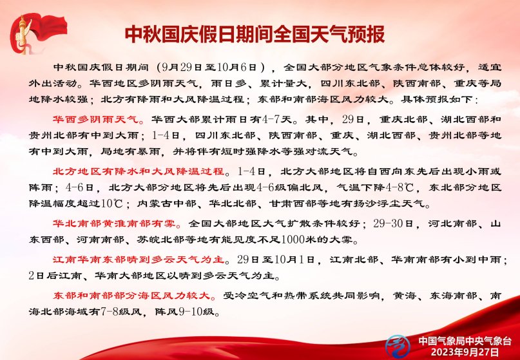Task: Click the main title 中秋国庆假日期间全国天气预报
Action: coord(255,33)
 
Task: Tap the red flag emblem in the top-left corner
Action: coord(37,33)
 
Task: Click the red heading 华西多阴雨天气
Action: coord(96,119)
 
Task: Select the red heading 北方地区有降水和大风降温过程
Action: coord(139,171)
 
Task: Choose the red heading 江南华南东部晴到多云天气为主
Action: coord(139,260)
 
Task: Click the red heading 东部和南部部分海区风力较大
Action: coord(132,295)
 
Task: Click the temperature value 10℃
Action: coord(112,204)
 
